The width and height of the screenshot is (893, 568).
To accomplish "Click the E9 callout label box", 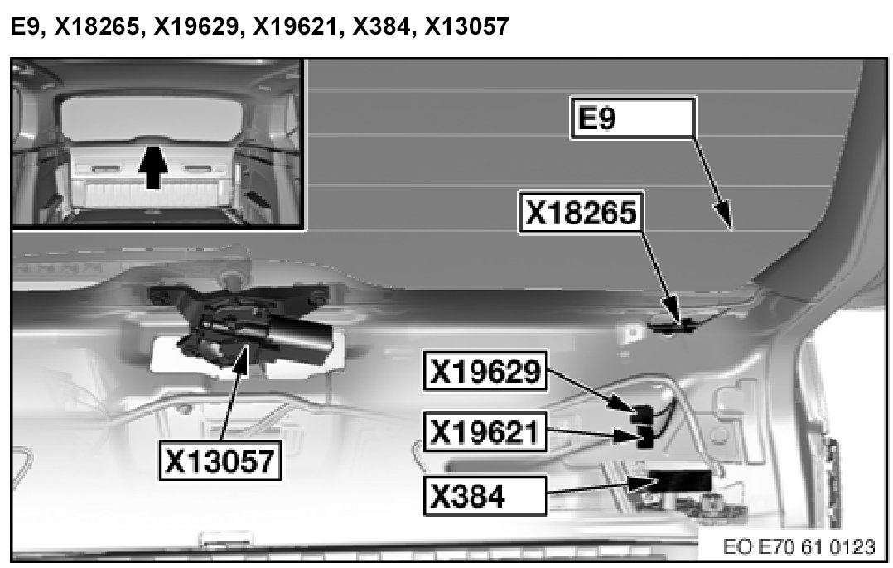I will coord(633,118).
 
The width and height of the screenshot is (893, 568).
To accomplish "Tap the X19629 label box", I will coord(485,372).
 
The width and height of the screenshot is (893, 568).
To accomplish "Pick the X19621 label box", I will coord(485,431).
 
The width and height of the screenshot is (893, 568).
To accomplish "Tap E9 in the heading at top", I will coord(23,27).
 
